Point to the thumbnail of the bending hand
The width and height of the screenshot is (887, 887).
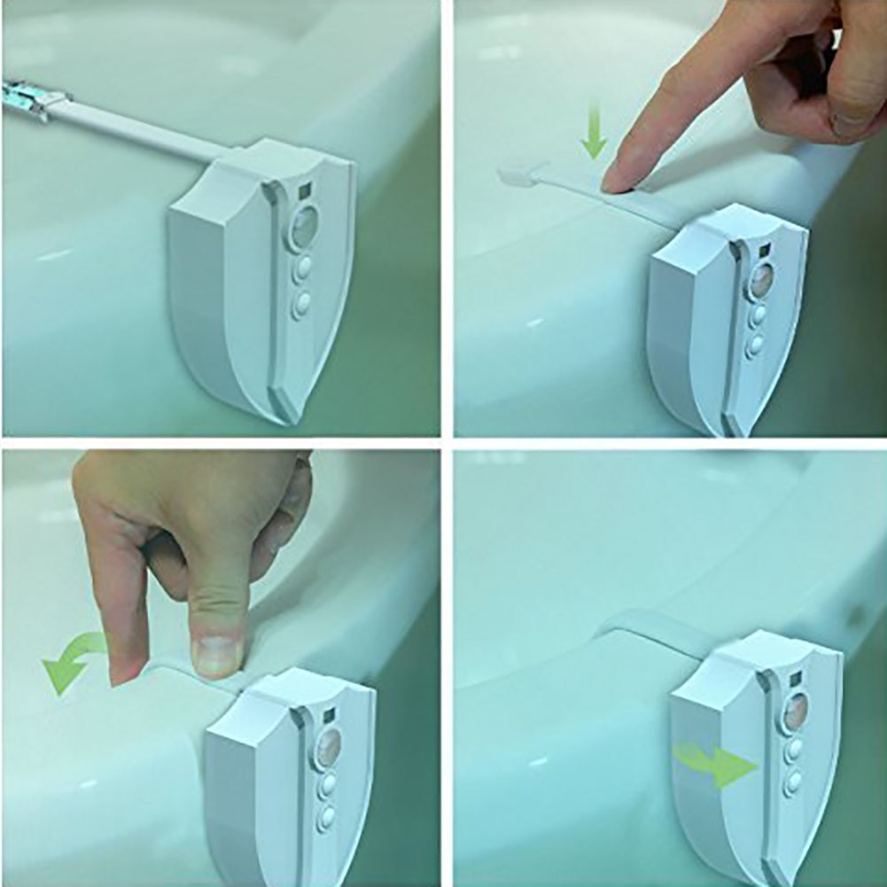[x=216, y=654]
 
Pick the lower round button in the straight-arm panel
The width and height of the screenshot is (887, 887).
[x=302, y=304]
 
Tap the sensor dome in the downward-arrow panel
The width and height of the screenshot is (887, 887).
[x=761, y=280]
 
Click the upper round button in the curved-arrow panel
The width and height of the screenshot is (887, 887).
[x=329, y=784]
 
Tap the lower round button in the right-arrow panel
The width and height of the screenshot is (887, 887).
[x=792, y=782]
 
